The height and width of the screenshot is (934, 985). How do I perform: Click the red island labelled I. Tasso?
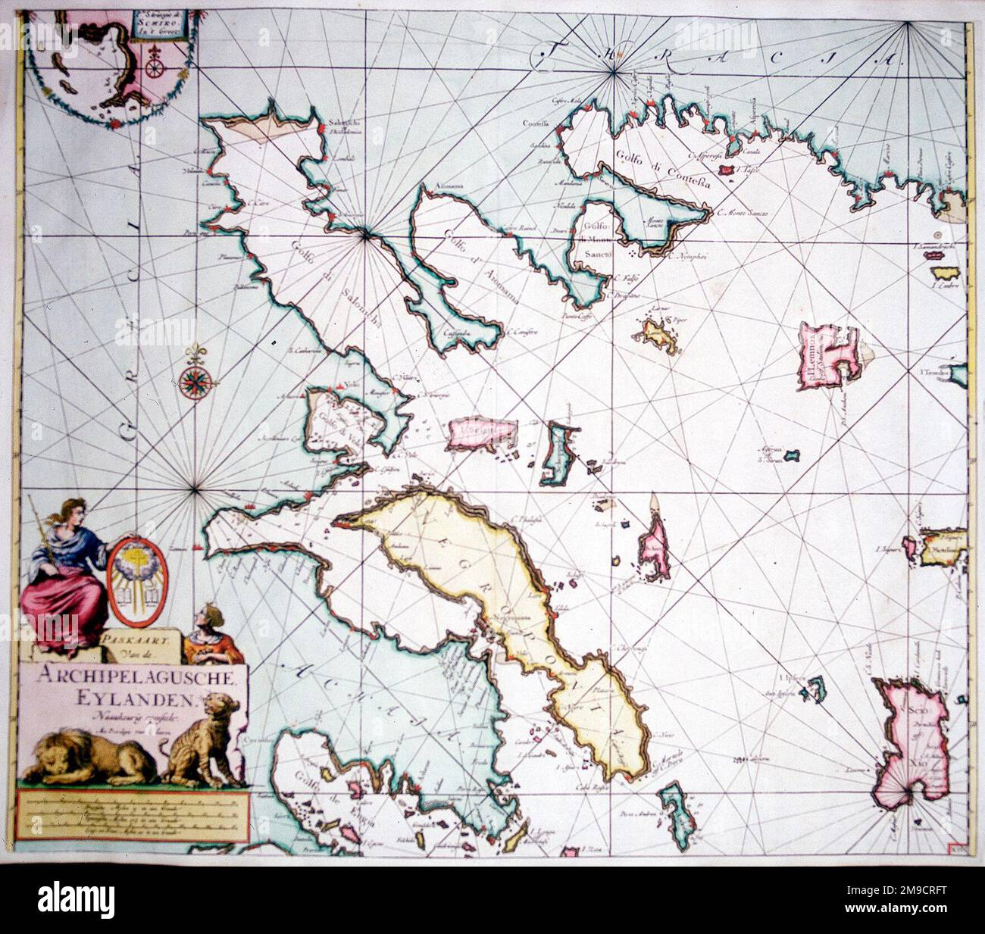[x=727, y=171]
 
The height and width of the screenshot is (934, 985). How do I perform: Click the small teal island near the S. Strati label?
[x=793, y=457]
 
